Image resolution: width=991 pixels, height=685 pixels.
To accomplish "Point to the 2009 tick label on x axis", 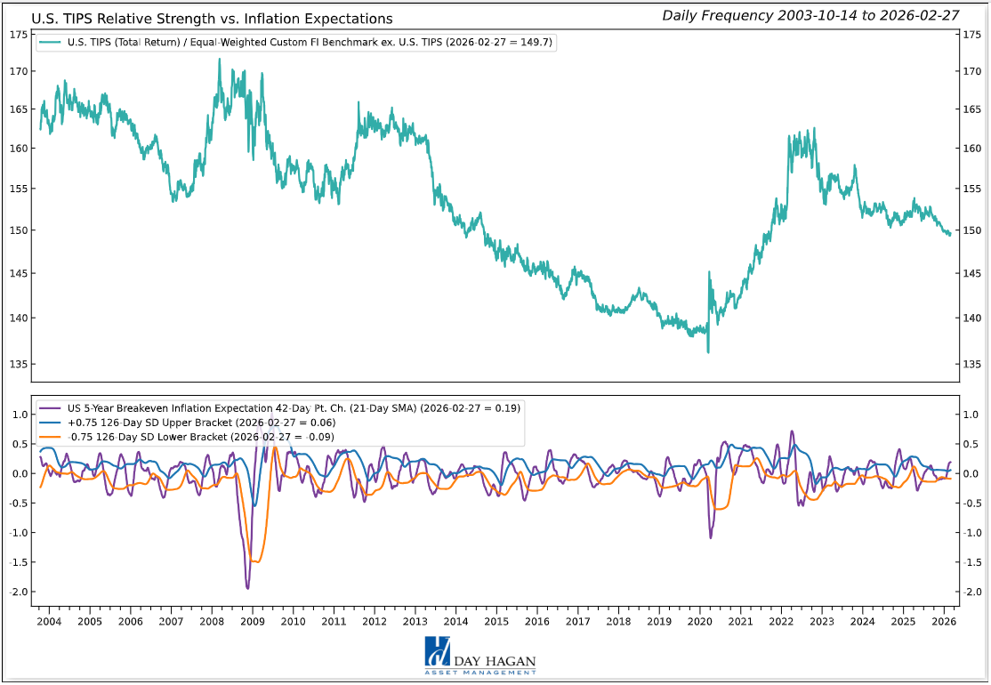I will pyautogui.click(x=252, y=621).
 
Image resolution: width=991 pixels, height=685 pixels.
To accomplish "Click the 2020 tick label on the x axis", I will pyautogui.click(x=699, y=621).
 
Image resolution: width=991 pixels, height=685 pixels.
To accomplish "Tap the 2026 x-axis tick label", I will pyautogui.click(x=943, y=621).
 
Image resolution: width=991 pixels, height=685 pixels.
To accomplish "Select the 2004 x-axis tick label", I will pyautogui.click(x=49, y=621).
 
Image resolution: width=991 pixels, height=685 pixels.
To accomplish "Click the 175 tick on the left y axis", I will pyautogui.click(x=18, y=34).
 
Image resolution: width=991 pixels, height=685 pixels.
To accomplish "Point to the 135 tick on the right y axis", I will pyautogui.click(x=973, y=364).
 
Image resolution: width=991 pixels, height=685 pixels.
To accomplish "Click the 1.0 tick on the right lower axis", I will pyautogui.click(x=973, y=415).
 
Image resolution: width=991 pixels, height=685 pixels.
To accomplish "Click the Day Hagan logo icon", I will pyautogui.click(x=438, y=653).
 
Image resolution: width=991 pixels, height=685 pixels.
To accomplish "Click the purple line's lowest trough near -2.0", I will pyautogui.click(x=247, y=588).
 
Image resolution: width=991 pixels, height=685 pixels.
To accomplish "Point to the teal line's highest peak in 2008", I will pyautogui.click(x=220, y=60).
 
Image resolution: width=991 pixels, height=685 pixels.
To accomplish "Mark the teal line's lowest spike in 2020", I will pyautogui.click(x=708, y=352).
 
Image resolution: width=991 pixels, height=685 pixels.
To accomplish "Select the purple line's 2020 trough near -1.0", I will pyautogui.click(x=711, y=537).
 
